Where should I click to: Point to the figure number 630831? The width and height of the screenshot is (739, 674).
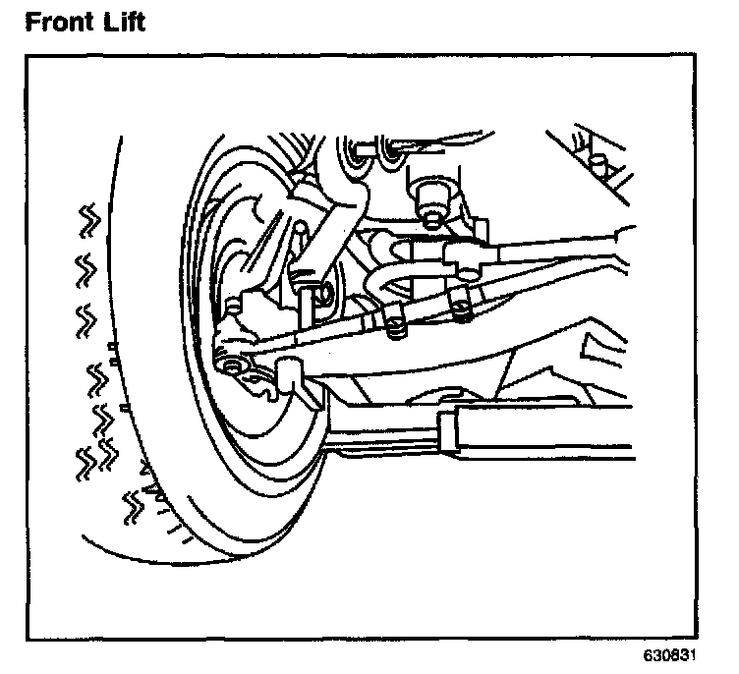coord(685,656)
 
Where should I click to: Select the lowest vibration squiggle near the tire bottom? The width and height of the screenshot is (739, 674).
coord(131,506)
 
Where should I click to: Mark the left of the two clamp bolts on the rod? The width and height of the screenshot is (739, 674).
coord(395,327)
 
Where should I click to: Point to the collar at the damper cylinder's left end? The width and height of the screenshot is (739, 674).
coord(449,432)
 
